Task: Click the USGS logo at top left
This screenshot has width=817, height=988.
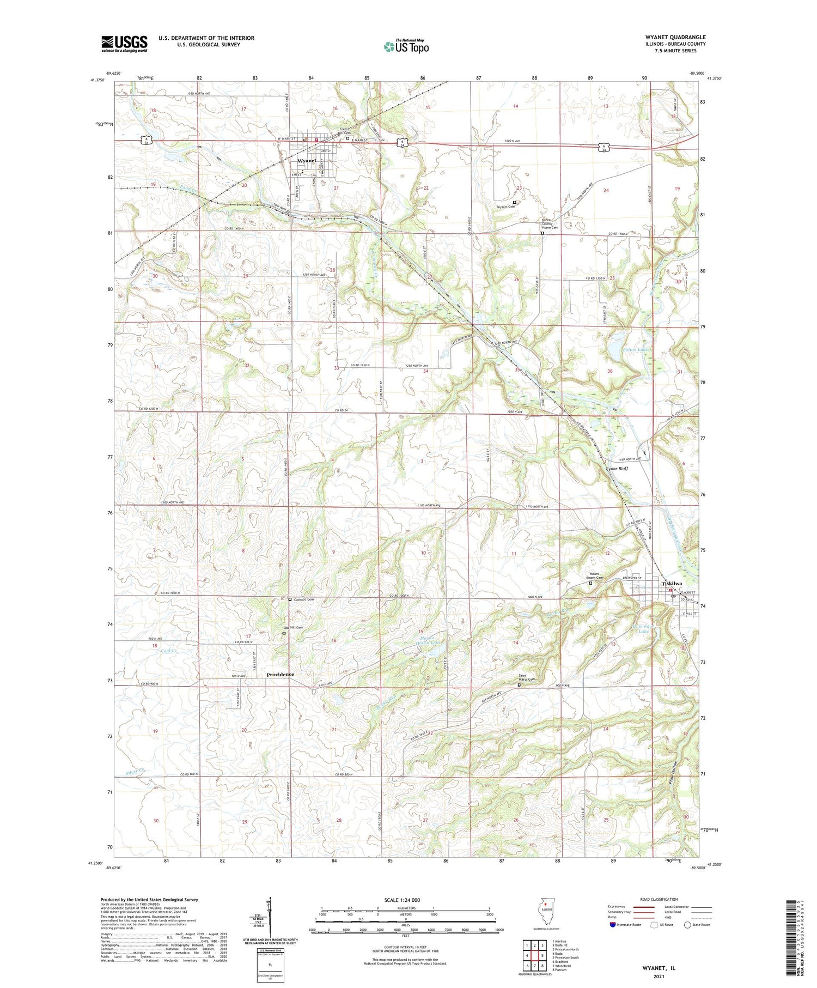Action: coord(124,44)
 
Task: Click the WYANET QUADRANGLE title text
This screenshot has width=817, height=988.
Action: coord(675,37)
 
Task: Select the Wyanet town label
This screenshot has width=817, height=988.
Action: coord(307,161)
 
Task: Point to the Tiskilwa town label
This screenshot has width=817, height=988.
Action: coord(672,583)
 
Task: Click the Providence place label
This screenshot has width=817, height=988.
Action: coord(280,674)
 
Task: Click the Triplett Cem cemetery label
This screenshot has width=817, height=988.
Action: coord(505,207)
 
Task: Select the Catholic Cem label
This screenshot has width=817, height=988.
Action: coord(303,599)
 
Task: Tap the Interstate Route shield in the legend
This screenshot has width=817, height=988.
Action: coord(613,925)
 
